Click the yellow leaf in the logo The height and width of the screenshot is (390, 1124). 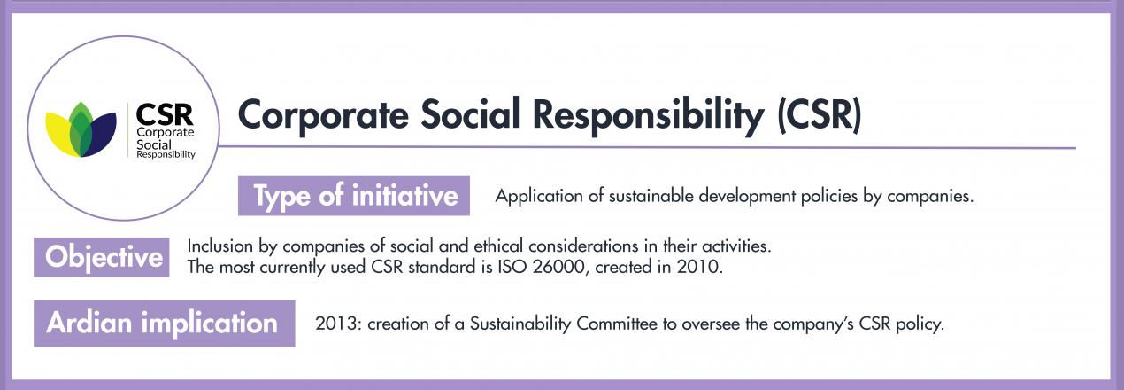pyautogui.click(x=59, y=132)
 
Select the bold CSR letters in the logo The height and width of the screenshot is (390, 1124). pyautogui.click(x=165, y=114)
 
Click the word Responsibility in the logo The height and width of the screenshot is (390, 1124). pyautogui.click(x=166, y=155)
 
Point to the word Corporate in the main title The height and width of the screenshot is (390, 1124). pyautogui.click(x=324, y=115)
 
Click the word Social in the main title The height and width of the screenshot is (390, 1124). pyautogui.click(x=470, y=113)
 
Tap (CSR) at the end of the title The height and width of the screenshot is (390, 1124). pyautogui.click(x=819, y=115)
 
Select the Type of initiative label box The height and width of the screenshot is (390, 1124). pyautogui.click(x=354, y=196)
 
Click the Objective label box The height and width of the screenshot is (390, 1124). pyautogui.click(x=102, y=257)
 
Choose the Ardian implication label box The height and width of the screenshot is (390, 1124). pyautogui.click(x=164, y=324)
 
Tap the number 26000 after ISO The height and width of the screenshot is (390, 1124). pyautogui.click(x=558, y=267)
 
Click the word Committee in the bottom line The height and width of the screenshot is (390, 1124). pyautogui.click(x=617, y=324)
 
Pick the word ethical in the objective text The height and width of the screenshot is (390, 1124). pyautogui.click(x=499, y=246)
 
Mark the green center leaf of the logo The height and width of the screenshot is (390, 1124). pyautogui.click(x=81, y=129)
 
